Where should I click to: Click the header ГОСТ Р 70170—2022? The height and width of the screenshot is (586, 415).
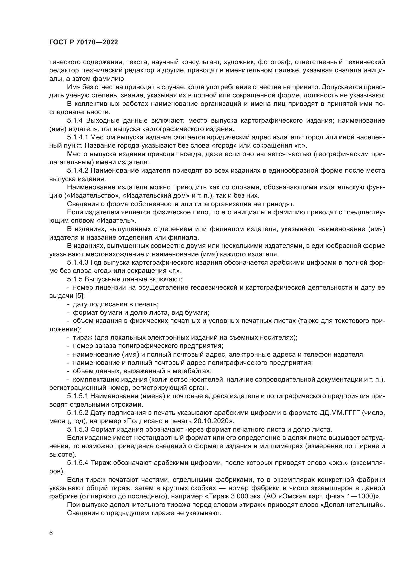(x=84, y=42)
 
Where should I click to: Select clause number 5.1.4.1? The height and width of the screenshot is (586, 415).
(x=78, y=137)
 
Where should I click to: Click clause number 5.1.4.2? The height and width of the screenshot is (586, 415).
(x=78, y=171)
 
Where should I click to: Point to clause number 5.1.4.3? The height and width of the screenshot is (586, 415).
(x=78, y=262)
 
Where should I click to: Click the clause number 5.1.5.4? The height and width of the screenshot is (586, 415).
(x=78, y=463)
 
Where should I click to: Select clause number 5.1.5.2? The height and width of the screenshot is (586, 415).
(x=78, y=413)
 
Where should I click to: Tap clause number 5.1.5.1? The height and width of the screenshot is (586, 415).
(x=78, y=396)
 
